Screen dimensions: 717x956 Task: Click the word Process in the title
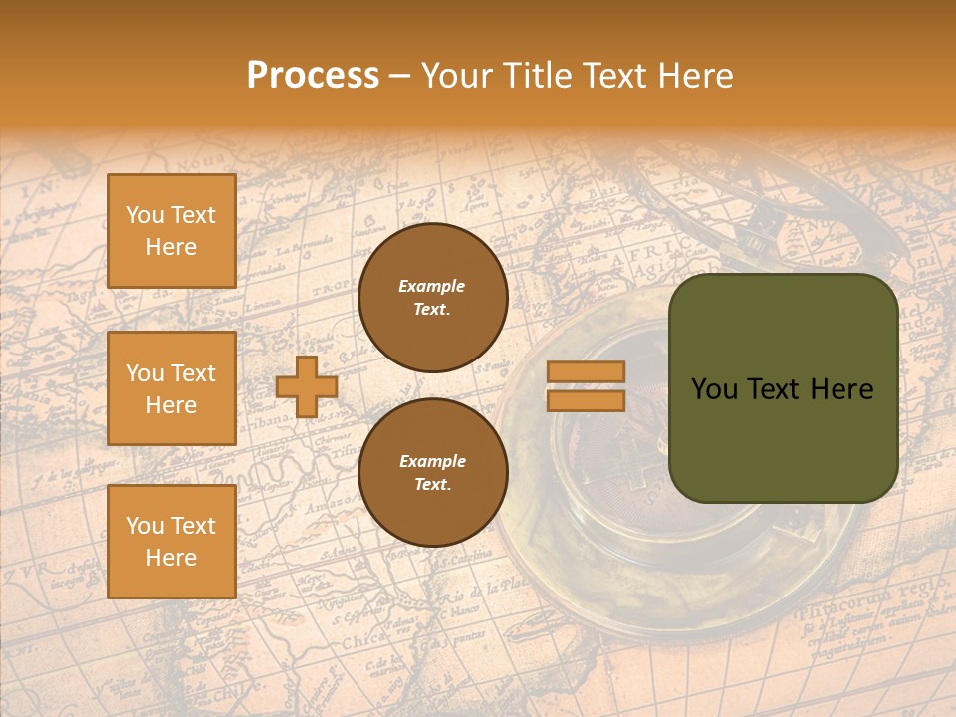[x=313, y=76]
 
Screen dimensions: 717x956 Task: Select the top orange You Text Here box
[x=171, y=231]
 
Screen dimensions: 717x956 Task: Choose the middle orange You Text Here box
[x=171, y=388]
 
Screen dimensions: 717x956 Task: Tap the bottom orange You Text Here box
[x=171, y=542]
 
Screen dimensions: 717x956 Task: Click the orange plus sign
[x=306, y=387]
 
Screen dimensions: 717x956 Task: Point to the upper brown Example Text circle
[x=432, y=298]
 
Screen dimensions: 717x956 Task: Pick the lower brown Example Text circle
[x=432, y=473]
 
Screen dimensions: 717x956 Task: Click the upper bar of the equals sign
[x=586, y=372]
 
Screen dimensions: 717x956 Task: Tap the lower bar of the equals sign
[x=586, y=400]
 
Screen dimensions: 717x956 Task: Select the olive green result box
[x=783, y=388]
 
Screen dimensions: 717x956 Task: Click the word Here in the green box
[x=842, y=389]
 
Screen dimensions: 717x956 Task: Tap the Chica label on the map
[x=364, y=642]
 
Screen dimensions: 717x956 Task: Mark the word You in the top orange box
[x=144, y=215]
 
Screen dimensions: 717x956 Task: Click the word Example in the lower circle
[x=432, y=461]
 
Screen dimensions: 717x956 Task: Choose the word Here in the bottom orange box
[x=171, y=558]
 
